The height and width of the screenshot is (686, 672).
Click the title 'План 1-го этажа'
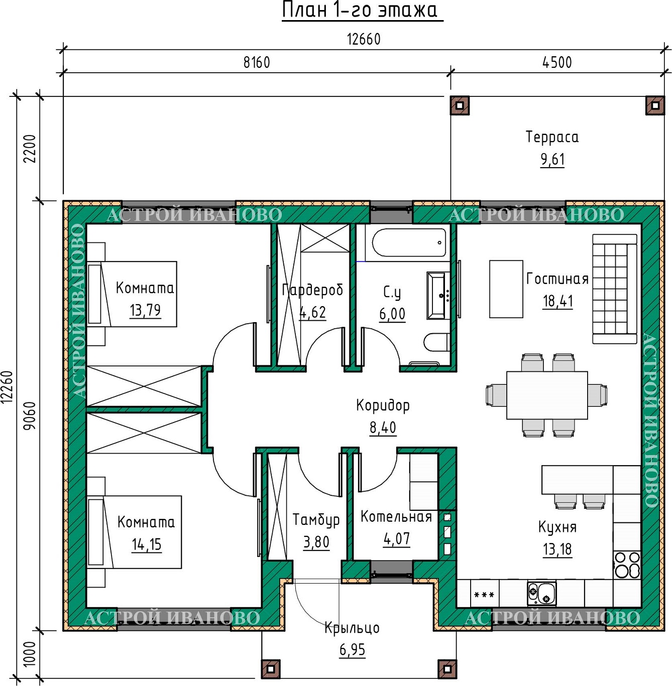[x=360, y=11]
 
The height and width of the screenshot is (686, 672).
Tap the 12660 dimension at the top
[x=364, y=40]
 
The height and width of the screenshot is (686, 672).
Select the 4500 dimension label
[x=557, y=63]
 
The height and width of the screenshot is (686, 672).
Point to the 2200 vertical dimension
[x=31, y=148]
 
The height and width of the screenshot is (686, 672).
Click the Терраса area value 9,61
[x=552, y=160]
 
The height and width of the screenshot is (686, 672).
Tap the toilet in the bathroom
[x=436, y=342]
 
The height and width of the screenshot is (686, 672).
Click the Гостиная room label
[x=557, y=279]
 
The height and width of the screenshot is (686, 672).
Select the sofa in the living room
[x=615, y=289]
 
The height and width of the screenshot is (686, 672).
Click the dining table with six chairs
[x=547, y=395]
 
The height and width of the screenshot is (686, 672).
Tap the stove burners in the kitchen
[x=627, y=565]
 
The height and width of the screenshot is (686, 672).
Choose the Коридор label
[x=383, y=405]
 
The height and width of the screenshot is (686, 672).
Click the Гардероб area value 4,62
[x=312, y=313]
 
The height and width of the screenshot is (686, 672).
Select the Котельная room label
[x=396, y=516]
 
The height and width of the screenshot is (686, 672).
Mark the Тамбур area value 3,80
[x=316, y=542]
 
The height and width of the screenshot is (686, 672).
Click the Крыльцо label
[x=352, y=628]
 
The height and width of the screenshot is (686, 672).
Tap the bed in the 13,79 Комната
[x=132, y=294]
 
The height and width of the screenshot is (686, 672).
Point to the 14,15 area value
[x=147, y=544]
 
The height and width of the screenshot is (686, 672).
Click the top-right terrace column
[x=655, y=105]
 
